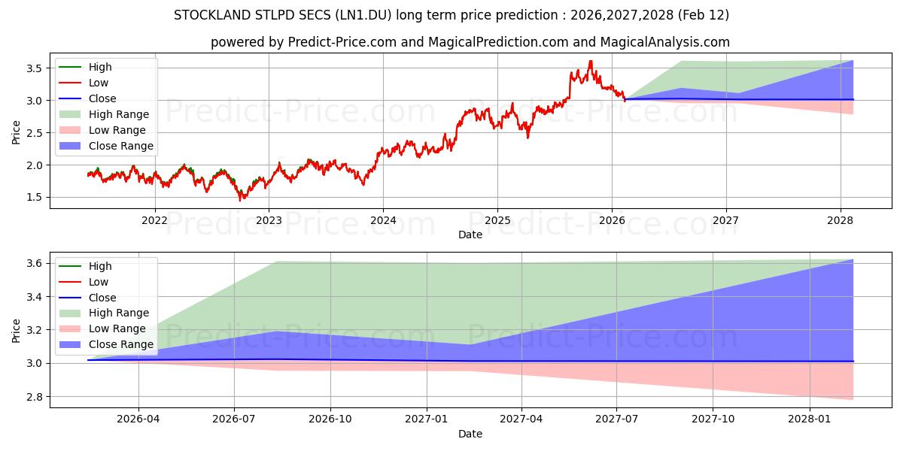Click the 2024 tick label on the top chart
(383, 220)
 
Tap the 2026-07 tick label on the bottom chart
(234, 419)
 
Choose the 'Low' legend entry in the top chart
(99, 83)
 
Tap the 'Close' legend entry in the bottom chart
(102, 298)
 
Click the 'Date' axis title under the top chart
(470, 235)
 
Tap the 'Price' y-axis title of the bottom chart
(17, 331)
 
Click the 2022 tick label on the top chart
(155, 220)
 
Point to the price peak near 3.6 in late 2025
(591, 62)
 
